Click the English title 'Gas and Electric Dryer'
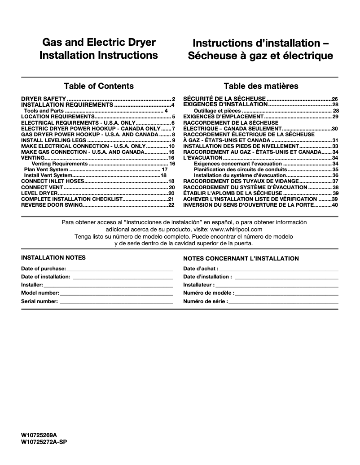click(99, 43)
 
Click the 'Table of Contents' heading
click(99, 86)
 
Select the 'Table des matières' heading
click(261, 86)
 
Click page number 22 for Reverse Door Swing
click(171, 205)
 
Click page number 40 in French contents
click(334, 205)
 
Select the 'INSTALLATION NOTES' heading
click(53, 258)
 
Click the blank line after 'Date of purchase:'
click(119, 269)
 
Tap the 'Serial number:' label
click(40, 301)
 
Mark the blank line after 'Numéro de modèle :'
click(286, 293)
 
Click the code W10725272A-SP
click(44, 442)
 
